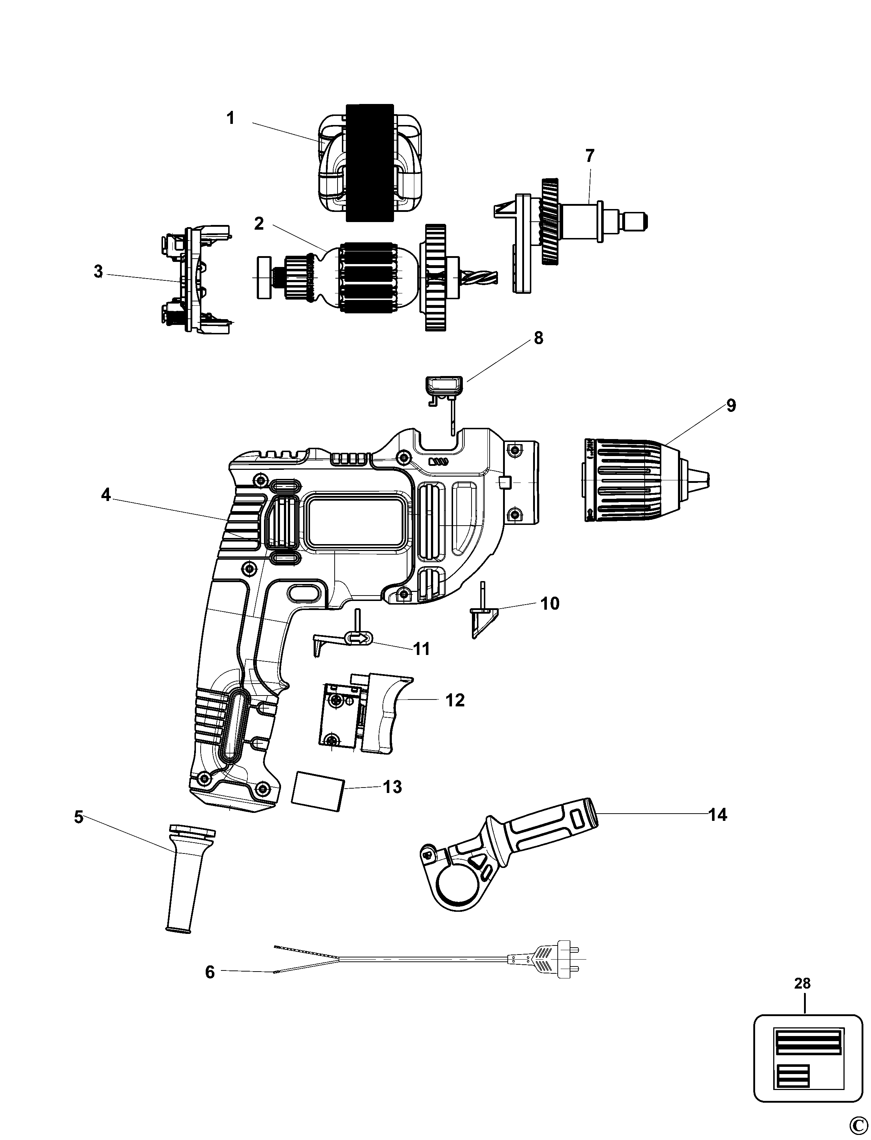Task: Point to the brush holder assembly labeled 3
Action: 196,278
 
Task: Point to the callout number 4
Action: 105,495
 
